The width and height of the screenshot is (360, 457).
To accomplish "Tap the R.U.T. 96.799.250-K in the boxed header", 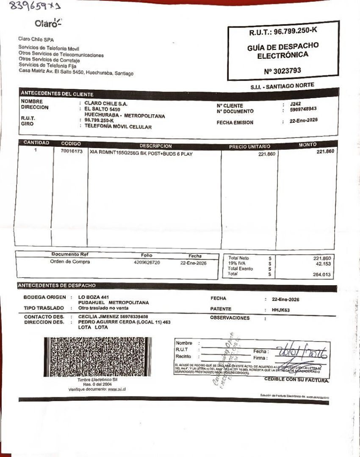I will (283, 31).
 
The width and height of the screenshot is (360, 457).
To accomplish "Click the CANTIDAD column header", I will (36, 143).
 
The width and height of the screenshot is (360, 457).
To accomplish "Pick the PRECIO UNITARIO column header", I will (249, 146).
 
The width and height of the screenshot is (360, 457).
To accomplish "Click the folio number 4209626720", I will (147, 263).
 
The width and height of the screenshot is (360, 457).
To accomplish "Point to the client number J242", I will (295, 104).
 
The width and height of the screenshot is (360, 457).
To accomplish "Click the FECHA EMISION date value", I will (303, 121).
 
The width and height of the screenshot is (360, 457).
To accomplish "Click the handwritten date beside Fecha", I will (303, 352).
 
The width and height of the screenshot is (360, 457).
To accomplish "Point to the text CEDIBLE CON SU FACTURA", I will (296, 380).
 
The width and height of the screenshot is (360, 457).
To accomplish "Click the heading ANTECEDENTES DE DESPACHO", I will (57, 286).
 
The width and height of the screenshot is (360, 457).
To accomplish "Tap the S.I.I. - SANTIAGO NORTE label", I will (282, 86).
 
